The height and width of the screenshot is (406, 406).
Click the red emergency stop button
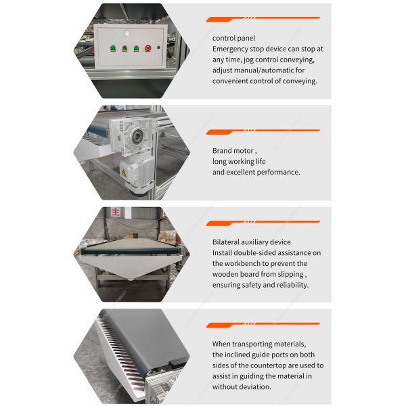pos(148,49)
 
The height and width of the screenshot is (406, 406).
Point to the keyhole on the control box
pos(159,48)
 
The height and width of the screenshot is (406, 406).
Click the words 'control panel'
pos(233,38)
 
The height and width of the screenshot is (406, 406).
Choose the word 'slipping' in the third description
pos(288,275)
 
